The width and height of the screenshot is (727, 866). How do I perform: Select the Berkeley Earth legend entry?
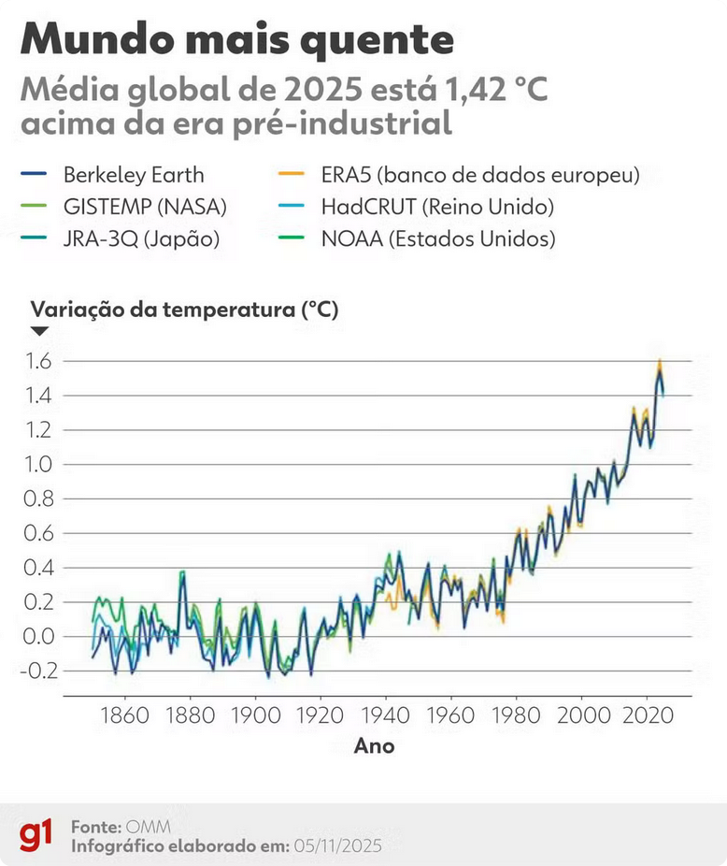(133, 175)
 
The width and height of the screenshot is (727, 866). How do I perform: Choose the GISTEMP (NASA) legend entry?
(144, 207)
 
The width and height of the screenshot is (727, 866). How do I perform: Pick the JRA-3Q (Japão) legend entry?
(140, 238)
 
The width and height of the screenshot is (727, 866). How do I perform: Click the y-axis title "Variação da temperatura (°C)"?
(185, 310)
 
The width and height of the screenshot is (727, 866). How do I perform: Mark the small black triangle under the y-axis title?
(40, 331)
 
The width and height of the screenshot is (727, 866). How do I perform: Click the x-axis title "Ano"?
(374, 745)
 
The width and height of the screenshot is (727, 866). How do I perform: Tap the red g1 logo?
(36, 835)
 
